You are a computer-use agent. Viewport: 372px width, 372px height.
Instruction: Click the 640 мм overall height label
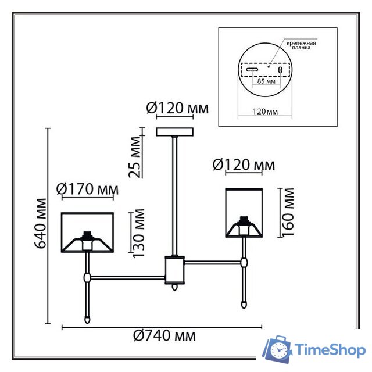(x=40, y=223)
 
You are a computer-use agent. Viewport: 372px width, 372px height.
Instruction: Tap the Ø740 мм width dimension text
(x=164, y=336)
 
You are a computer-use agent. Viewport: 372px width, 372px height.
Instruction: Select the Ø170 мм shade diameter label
(x=87, y=189)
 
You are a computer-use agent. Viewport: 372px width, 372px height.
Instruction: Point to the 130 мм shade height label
(x=138, y=233)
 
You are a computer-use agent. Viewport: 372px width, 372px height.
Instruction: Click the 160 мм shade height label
(x=288, y=212)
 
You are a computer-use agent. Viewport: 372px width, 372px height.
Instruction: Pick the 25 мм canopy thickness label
(x=135, y=157)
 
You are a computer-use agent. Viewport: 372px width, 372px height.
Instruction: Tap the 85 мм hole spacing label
(x=266, y=81)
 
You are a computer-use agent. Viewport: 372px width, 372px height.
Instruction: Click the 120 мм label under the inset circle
(x=265, y=112)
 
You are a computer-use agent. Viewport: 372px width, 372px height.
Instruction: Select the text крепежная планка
(x=301, y=45)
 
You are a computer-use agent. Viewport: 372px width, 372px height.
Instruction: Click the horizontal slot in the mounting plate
(x=252, y=70)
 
